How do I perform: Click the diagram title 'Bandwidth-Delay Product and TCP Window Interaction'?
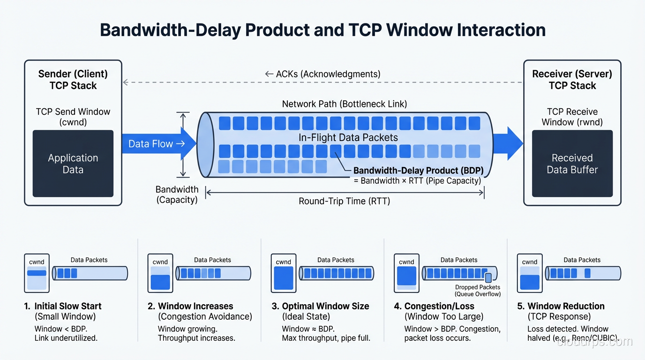(x=322, y=30)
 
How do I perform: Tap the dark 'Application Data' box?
(x=73, y=164)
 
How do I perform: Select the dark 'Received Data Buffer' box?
(x=572, y=164)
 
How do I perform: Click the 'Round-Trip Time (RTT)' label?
(x=345, y=201)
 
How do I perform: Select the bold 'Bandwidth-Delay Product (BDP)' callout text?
(x=418, y=171)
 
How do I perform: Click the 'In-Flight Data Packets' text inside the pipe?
(x=348, y=138)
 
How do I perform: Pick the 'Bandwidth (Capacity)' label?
(x=177, y=195)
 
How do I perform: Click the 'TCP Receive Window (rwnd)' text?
(x=572, y=117)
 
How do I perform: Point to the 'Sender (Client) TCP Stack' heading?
(x=73, y=80)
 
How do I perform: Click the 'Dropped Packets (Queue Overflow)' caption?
(x=478, y=291)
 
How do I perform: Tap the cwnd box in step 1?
(x=37, y=273)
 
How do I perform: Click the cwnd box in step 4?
(x=406, y=273)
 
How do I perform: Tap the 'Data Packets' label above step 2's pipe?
(x=212, y=260)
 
